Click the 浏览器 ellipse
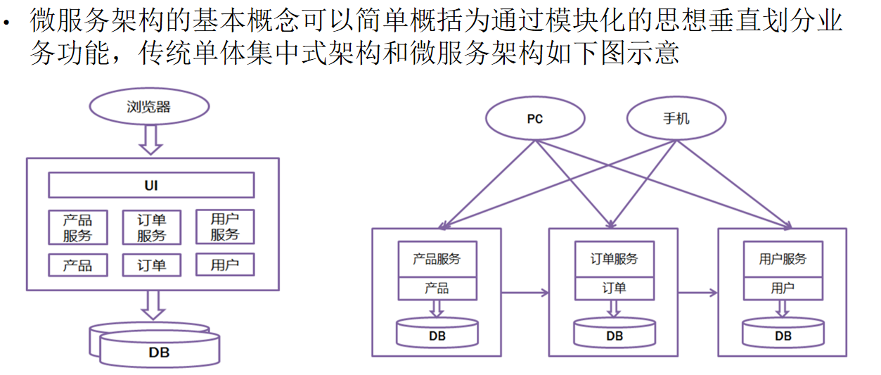(149, 107)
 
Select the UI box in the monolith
(151, 186)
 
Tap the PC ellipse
(535, 118)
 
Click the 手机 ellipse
(676, 118)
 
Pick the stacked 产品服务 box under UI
(78, 227)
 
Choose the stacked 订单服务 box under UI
(151, 227)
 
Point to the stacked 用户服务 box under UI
(224, 227)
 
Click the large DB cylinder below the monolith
(159, 349)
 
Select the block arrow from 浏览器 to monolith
(150, 139)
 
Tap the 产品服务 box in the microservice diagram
(437, 259)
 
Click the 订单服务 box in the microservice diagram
(614, 259)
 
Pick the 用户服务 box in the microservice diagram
(783, 259)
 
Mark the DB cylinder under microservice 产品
(437, 333)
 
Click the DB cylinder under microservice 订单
(614, 333)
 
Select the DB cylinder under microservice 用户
(783, 333)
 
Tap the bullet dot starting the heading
(8, 23)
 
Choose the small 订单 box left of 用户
(151, 265)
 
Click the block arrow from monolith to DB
(152, 305)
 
